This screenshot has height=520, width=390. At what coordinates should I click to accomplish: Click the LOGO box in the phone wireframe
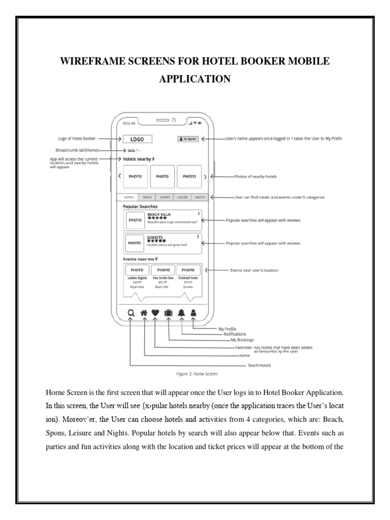coord(137,138)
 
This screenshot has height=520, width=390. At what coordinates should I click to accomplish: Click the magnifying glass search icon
coord(131,313)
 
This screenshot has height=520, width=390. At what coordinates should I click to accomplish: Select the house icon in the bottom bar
coord(144,313)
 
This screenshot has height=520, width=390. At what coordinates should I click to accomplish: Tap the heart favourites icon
coord(156,313)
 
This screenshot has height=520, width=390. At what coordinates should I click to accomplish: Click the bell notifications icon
coord(181,313)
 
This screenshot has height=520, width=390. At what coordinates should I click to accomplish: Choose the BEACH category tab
coord(147,197)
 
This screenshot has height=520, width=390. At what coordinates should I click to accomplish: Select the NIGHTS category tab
coord(200,197)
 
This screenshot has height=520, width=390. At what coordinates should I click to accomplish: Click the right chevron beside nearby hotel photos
coord(205,177)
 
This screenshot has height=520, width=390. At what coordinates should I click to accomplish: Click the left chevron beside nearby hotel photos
coord(119,177)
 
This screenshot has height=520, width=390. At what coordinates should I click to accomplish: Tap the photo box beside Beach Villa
coord(135,220)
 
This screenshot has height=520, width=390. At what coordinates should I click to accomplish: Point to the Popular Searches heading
coord(140,207)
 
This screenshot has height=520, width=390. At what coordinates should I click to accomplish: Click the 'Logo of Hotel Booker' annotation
coord(75,138)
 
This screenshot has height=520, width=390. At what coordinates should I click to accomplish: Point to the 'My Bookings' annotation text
coord(242,340)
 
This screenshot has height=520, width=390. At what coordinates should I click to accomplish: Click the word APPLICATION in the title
coord(195,80)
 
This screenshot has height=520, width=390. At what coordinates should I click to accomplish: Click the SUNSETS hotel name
coord(154,237)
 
